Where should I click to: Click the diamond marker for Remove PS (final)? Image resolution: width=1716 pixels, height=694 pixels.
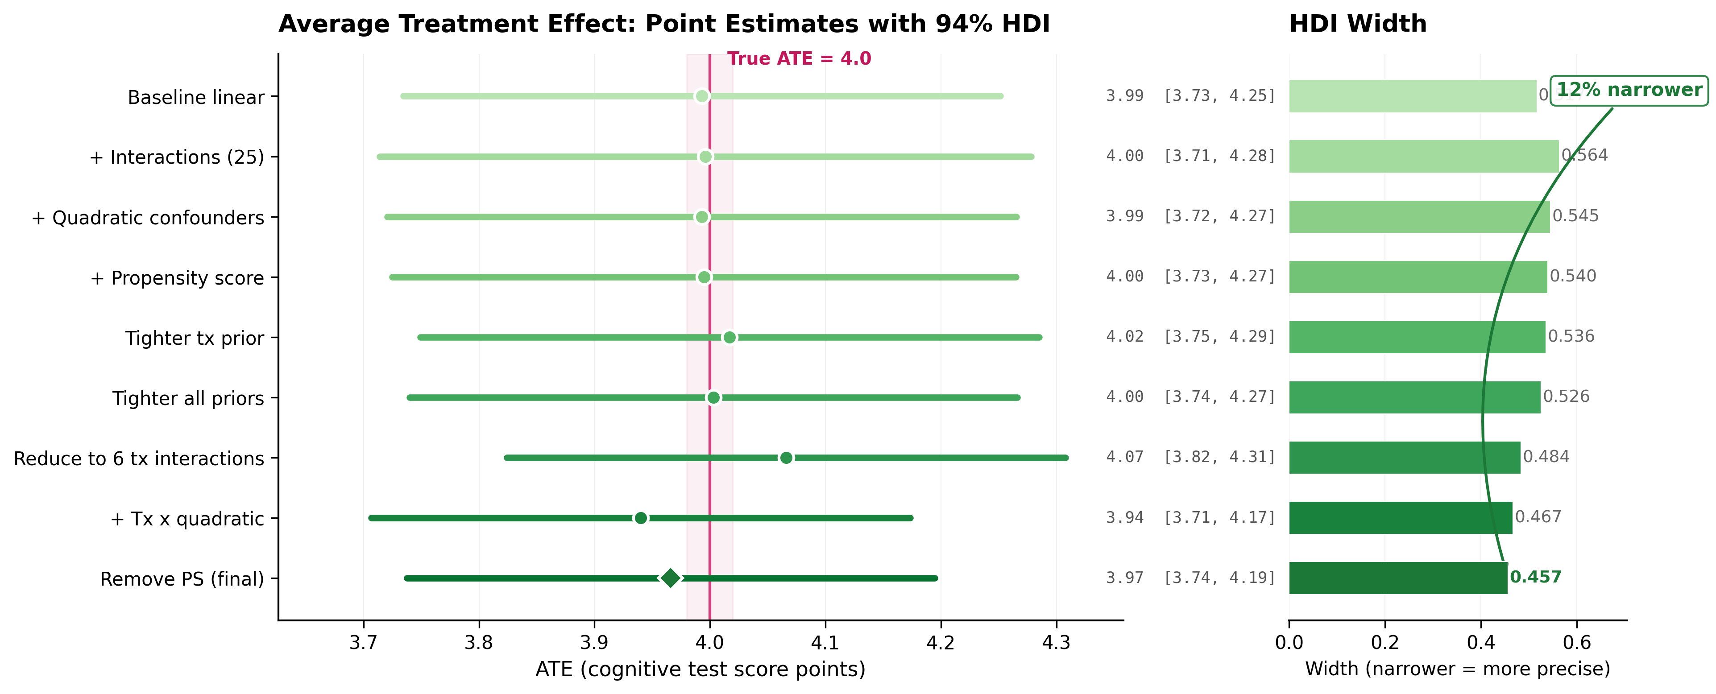tap(670, 578)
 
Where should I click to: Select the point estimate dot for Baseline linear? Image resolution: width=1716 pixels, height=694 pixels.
tap(701, 97)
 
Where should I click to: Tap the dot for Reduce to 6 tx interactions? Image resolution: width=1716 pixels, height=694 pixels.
tap(786, 458)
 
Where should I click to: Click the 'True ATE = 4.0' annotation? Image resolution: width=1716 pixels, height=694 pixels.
tap(799, 58)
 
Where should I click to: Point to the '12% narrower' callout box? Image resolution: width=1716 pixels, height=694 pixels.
tap(1629, 90)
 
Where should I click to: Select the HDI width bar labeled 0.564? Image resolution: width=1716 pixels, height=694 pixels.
tap(1423, 157)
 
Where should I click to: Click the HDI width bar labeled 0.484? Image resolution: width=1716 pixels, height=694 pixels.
tap(1404, 458)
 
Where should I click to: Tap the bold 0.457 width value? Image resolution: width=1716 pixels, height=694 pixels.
tap(1535, 577)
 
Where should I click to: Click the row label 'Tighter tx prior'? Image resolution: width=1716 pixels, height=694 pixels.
tap(195, 339)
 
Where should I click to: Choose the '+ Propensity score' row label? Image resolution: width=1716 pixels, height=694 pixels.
tap(177, 278)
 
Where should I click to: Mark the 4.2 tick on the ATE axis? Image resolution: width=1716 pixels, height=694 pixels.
tap(941, 643)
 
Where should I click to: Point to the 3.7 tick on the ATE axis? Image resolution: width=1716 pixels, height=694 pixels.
tap(364, 643)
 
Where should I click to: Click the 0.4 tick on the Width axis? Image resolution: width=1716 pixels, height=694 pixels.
tap(1481, 643)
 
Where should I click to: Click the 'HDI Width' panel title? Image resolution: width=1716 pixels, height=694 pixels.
tap(1358, 24)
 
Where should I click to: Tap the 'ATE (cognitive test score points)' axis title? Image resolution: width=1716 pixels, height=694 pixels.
tap(700, 669)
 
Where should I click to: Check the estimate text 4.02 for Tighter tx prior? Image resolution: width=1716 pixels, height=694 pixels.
tap(1124, 336)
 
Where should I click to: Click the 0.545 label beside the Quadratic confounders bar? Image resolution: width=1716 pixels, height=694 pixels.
tap(1575, 216)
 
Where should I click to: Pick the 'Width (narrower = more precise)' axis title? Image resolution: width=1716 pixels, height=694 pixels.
tap(1457, 669)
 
